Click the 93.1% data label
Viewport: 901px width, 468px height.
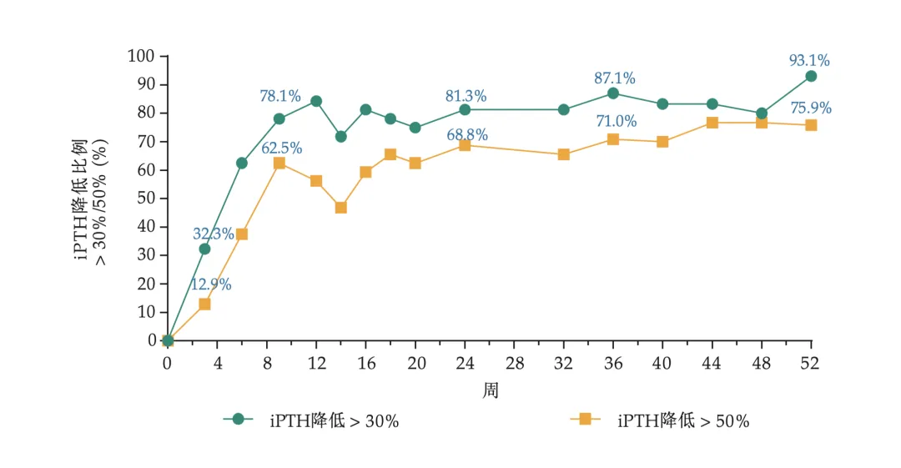pos(809,60)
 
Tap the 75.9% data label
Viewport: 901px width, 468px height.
pos(811,108)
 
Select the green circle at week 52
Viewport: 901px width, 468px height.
pos(810,76)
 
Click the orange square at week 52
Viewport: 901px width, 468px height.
pos(810,125)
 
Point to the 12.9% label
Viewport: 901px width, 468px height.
pos(211,284)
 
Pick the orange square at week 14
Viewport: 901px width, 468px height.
pos(340,207)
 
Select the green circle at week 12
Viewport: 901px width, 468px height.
pos(316,101)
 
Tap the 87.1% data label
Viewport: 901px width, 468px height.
pos(615,78)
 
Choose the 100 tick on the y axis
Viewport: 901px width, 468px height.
pos(142,56)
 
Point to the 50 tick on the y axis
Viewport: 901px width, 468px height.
pos(147,199)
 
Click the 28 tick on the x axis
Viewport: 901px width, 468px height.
pos(514,363)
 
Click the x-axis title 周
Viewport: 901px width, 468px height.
pos(490,390)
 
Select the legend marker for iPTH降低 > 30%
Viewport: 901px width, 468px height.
pos(238,420)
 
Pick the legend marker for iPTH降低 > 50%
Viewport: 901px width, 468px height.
pos(585,420)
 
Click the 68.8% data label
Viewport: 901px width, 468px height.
pos(466,135)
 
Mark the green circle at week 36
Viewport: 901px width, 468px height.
pos(613,93)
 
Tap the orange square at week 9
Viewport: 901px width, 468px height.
pos(279,163)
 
